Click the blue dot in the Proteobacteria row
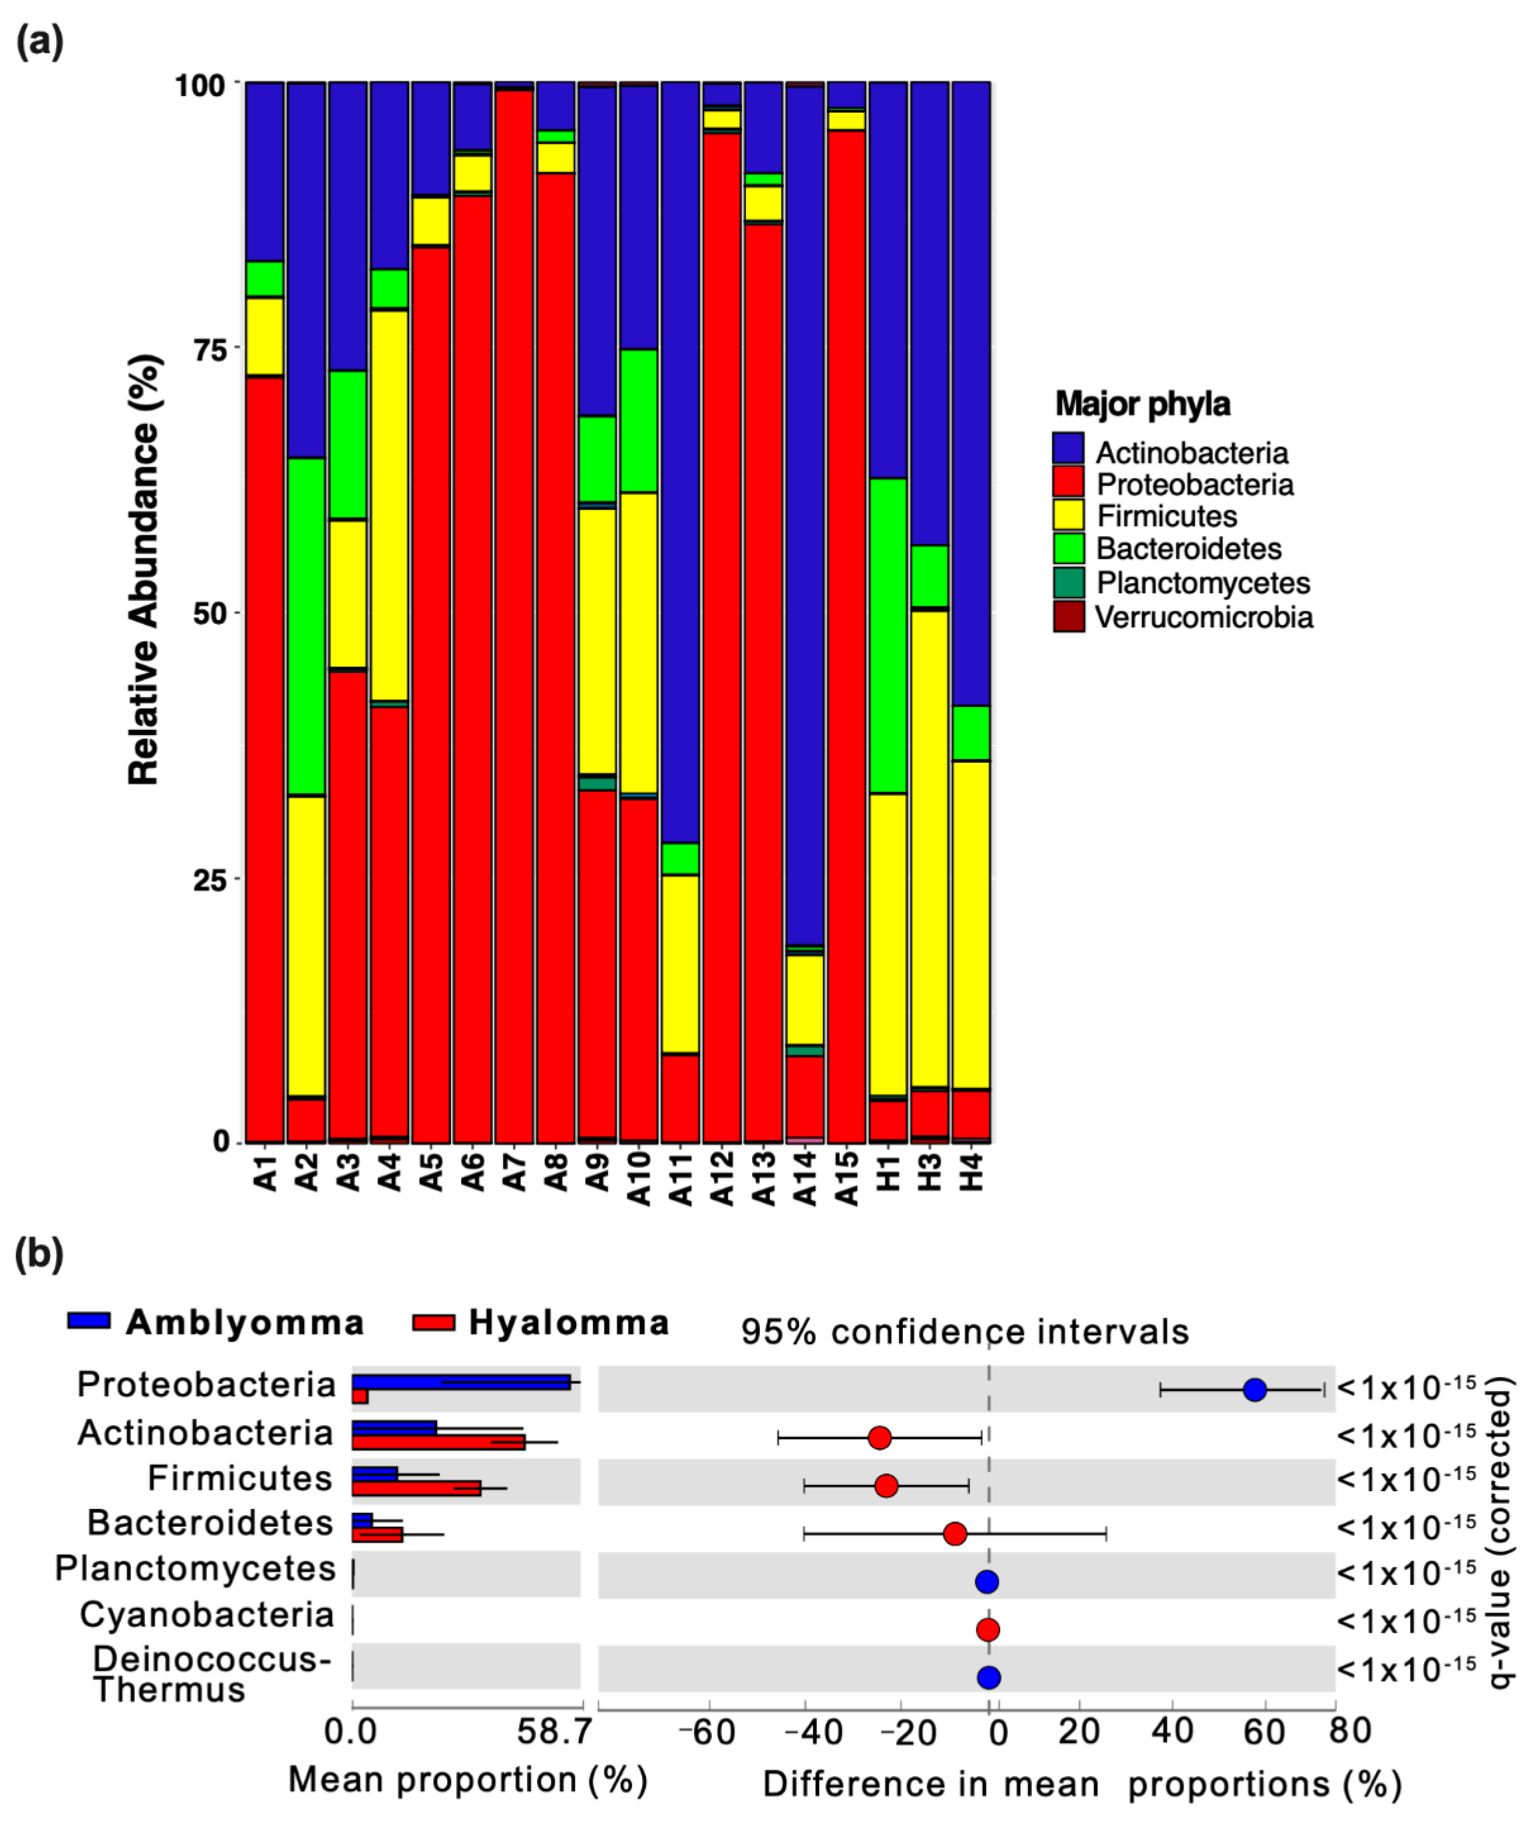[1254, 1390]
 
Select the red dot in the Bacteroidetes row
[954, 1534]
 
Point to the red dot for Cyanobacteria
[987, 1630]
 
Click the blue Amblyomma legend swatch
[89, 1321]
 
